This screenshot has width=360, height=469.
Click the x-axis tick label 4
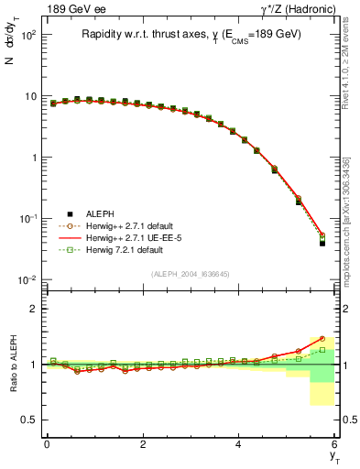coord(238,443)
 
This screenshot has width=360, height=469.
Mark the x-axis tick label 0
coord(47,443)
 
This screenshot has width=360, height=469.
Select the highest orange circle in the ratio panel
coord(322,338)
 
